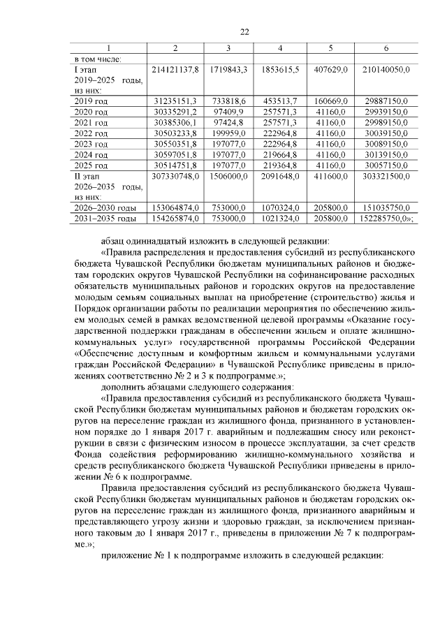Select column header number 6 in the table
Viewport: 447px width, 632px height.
point(386,48)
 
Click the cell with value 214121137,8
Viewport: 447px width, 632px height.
point(175,71)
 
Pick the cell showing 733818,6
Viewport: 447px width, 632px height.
point(228,101)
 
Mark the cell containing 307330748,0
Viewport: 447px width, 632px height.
point(175,177)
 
